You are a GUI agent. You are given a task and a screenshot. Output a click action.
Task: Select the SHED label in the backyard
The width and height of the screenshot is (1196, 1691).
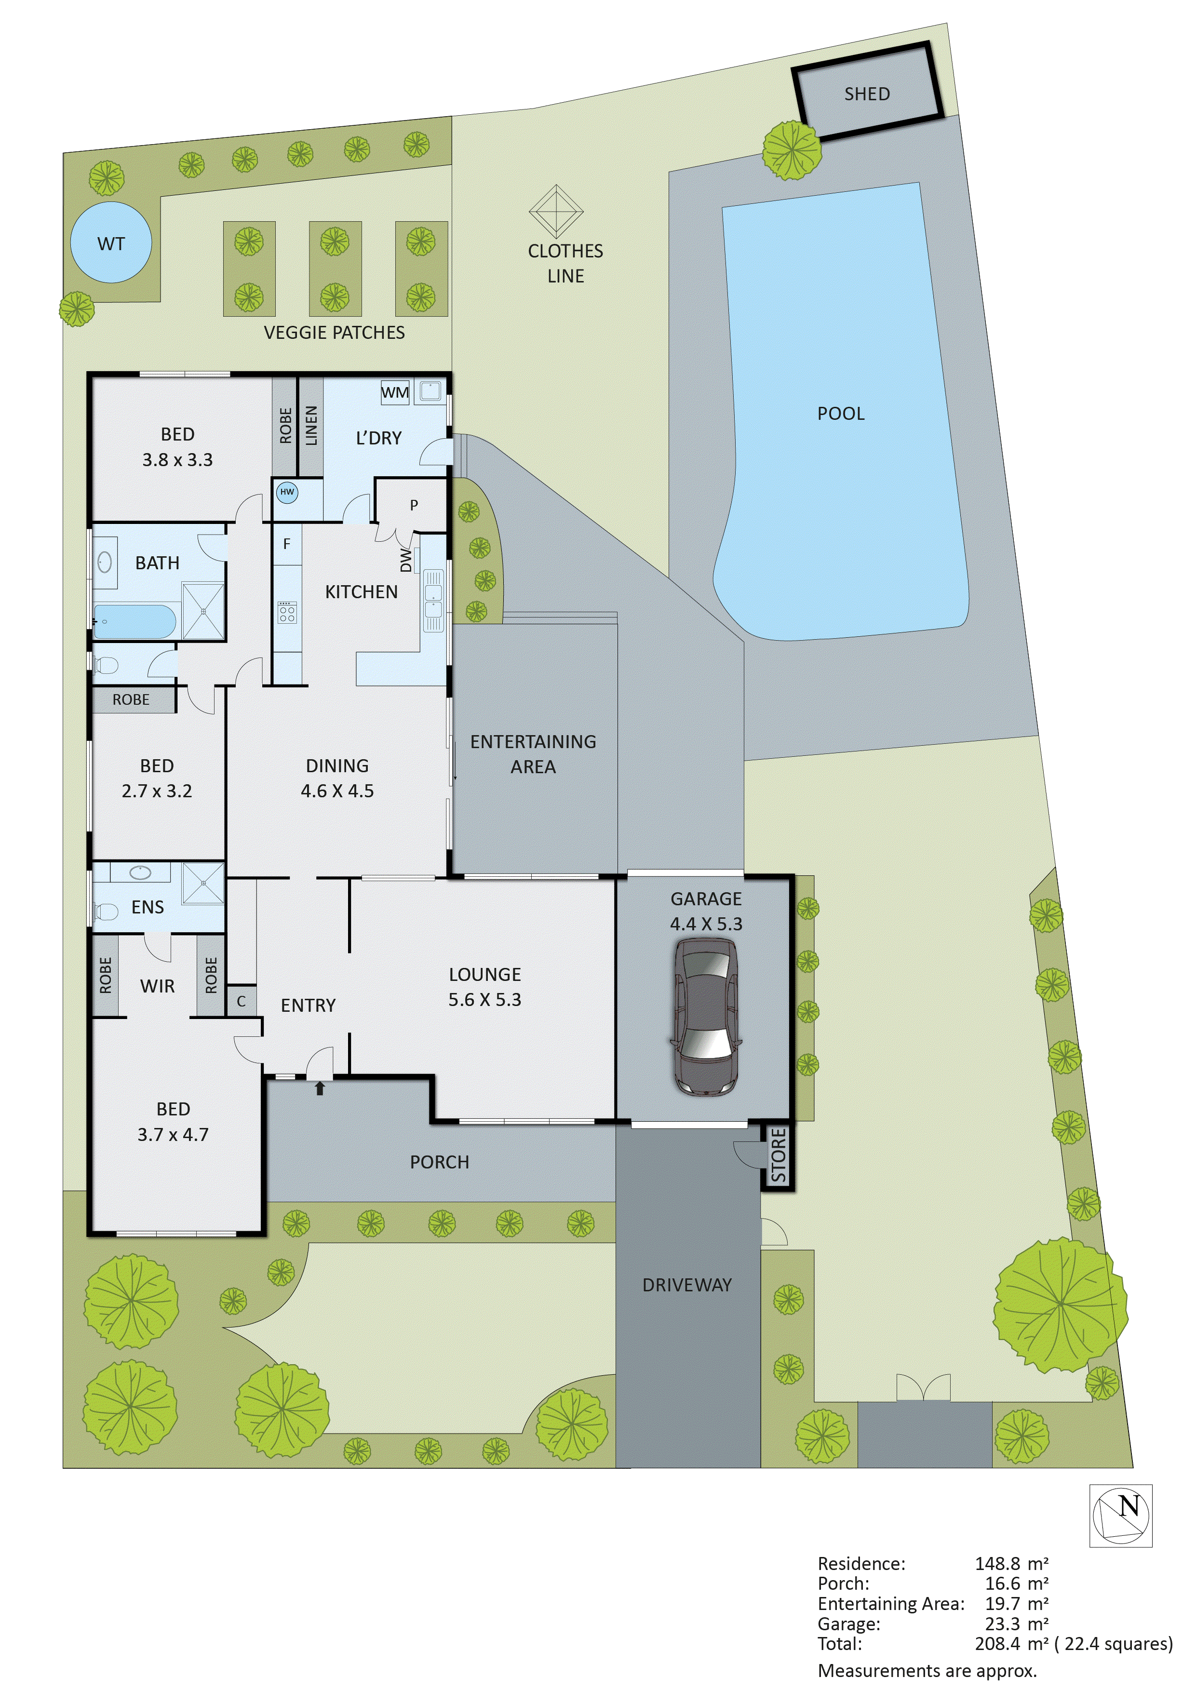867,94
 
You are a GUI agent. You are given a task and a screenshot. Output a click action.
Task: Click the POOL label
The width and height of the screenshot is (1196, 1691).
840,414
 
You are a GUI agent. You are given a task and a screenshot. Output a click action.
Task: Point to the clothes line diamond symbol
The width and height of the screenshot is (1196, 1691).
556,211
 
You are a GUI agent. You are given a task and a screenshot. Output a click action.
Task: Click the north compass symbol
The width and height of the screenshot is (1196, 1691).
1121,1516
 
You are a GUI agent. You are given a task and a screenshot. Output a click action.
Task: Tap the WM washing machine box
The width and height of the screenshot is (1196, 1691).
395,392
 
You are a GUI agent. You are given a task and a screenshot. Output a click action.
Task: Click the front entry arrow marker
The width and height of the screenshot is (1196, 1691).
320,1088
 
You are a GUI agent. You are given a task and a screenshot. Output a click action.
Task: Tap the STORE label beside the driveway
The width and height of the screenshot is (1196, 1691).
779,1155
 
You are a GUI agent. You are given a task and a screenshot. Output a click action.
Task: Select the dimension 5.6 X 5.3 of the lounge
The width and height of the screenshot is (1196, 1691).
484,999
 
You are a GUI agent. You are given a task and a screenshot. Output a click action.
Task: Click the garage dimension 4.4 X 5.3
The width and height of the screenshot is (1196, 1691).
706,924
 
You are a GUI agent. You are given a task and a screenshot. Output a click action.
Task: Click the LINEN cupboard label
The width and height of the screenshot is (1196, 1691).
311,426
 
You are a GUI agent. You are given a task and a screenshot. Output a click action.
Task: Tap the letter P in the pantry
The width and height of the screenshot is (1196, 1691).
414,505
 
